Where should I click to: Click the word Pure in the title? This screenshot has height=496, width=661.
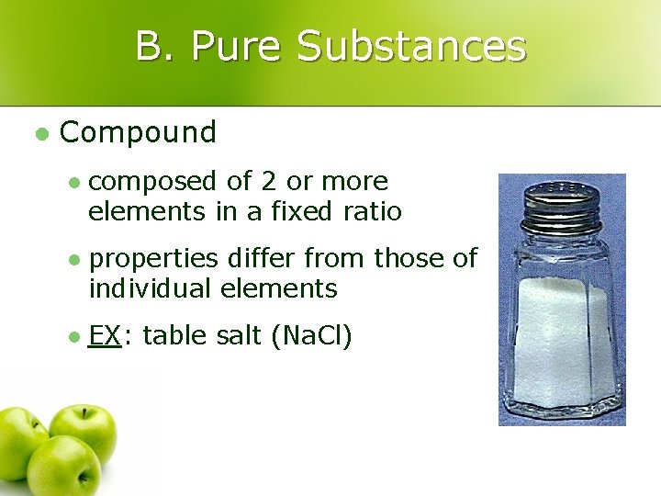click(237, 46)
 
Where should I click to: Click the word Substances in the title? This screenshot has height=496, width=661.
click(412, 46)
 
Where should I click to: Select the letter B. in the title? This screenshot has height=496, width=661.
click(156, 46)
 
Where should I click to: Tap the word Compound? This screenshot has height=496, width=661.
click(138, 133)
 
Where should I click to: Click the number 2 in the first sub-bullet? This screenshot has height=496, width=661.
click(265, 182)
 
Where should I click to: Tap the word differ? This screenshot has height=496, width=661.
click(260, 258)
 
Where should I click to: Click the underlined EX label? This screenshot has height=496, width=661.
click(105, 336)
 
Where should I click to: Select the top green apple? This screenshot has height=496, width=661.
click(83, 430)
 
